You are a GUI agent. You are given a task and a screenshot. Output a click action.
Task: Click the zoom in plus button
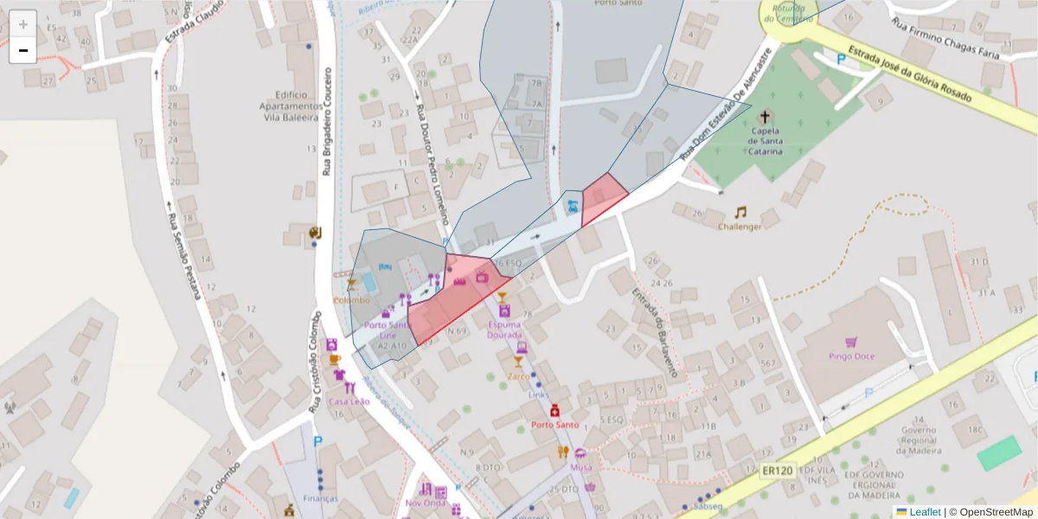(x=23, y=23)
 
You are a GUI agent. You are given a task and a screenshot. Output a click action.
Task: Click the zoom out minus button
(x=23, y=50)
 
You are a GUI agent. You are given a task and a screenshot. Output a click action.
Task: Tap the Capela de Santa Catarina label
(x=766, y=140)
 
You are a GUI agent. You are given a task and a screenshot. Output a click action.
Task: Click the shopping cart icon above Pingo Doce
(x=851, y=342)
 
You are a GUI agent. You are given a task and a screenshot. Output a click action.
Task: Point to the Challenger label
(x=740, y=227)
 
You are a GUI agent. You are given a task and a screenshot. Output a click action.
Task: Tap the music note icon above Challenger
(x=740, y=212)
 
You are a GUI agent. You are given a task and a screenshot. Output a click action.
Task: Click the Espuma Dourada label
(x=504, y=329)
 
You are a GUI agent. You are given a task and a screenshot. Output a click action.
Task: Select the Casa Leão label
(x=349, y=401)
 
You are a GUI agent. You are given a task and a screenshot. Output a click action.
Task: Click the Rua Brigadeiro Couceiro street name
(x=327, y=121)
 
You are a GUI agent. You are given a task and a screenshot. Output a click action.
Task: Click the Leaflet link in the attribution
(x=924, y=512)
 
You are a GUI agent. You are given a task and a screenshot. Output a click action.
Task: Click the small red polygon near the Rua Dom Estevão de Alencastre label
(x=603, y=197)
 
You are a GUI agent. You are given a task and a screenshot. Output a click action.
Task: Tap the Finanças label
(x=320, y=500)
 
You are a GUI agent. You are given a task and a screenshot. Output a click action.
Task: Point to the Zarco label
(x=519, y=376)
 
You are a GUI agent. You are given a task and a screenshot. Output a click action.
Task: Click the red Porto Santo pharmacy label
(x=554, y=425)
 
